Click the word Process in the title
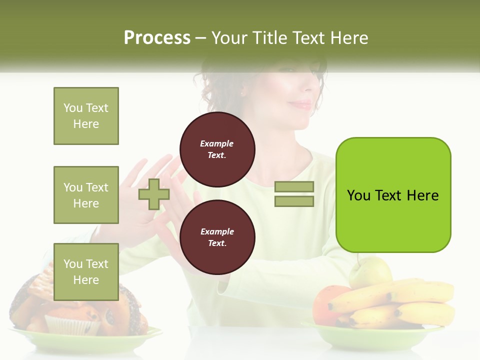[x=157, y=38]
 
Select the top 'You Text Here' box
[x=86, y=116]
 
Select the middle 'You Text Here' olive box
[x=86, y=195]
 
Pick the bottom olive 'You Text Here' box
[x=86, y=271]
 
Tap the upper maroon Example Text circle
[x=217, y=149]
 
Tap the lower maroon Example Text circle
[x=217, y=237]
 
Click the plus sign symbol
[x=153, y=194]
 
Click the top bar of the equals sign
[x=294, y=187]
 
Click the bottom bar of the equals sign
[x=294, y=201]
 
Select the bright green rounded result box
[x=393, y=195]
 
